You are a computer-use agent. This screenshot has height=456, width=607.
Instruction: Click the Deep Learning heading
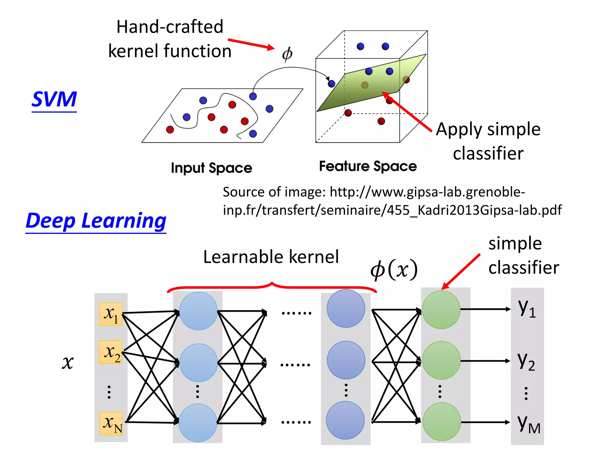pos(96,221)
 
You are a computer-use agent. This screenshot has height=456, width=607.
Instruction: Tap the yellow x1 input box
pos(111,314)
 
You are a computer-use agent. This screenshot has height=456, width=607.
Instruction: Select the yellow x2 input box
pos(111,352)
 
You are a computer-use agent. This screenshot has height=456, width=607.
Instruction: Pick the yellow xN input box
pos(111,423)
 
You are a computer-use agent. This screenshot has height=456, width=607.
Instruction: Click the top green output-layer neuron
pos(441,310)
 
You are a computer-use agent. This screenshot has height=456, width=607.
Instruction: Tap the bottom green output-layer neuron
pos(442,422)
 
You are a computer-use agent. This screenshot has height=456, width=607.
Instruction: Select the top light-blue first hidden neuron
pos(198,311)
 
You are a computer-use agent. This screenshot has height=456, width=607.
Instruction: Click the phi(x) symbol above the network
pos(394,269)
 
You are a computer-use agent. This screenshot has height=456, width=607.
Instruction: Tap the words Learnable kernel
pos(271,257)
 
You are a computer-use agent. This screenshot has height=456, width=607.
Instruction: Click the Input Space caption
pos(211,168)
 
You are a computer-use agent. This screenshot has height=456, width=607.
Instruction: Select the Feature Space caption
pos(368,166)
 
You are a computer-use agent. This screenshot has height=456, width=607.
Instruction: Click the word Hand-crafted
pos(170,27)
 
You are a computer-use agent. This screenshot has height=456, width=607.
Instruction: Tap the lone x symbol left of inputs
pos(68,362)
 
